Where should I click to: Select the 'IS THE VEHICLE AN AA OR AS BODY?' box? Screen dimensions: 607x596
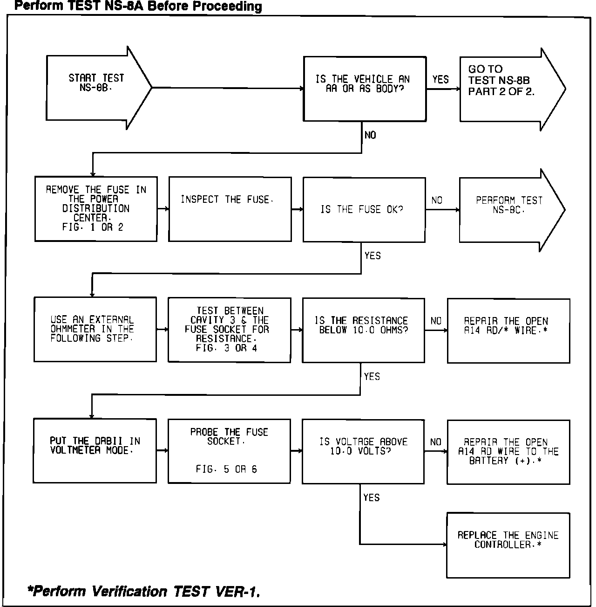coord(365,89)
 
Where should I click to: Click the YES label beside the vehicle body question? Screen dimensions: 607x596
coord(440,80)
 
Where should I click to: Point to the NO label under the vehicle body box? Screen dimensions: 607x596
coord(370,135)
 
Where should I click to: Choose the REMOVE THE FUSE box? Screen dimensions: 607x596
coord(96,209)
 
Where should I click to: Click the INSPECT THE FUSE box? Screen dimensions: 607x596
coord(230,209)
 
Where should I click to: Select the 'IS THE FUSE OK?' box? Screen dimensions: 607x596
coord(364,210)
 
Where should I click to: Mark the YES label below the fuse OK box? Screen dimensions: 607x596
coord(372,255)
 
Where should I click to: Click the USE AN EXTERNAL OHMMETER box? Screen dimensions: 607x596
coord(95,330)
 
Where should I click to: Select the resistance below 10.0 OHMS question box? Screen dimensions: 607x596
coord(363,330)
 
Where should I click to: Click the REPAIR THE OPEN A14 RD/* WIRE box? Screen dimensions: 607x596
coord(508,330)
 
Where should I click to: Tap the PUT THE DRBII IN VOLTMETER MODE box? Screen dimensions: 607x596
coord(95,450)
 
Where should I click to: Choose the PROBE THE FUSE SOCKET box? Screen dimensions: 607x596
coord(229,451)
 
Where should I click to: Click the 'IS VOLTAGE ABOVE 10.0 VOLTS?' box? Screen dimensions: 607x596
coord(363,451)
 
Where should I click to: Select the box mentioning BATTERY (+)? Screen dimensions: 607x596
coord(508,451)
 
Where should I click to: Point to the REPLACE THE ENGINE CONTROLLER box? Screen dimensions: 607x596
coord(508,545)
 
